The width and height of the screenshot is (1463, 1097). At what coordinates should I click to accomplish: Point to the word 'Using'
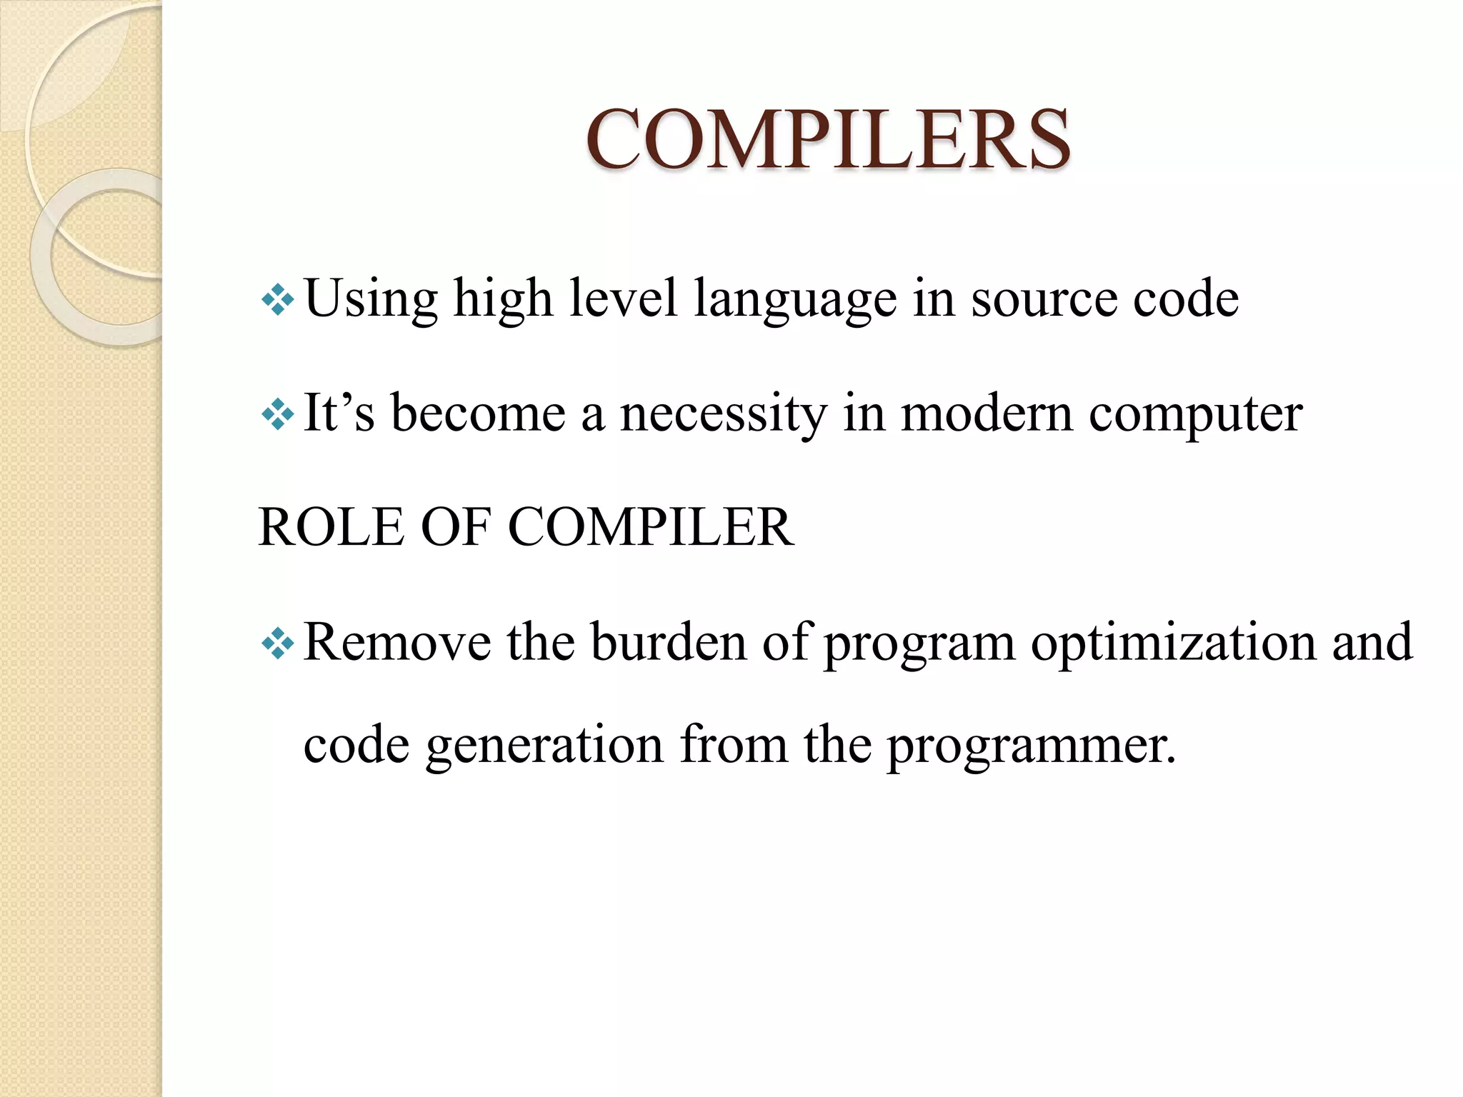(370, 299)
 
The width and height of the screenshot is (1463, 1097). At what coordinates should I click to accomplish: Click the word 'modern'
(986, 414)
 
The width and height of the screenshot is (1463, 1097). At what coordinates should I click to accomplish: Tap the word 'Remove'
(397, 642)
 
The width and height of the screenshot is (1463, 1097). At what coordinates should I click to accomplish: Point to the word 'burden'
(668, 642)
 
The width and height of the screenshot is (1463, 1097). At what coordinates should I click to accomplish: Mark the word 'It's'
(339, 414)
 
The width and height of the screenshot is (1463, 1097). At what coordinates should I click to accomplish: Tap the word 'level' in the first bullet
(623, 299)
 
